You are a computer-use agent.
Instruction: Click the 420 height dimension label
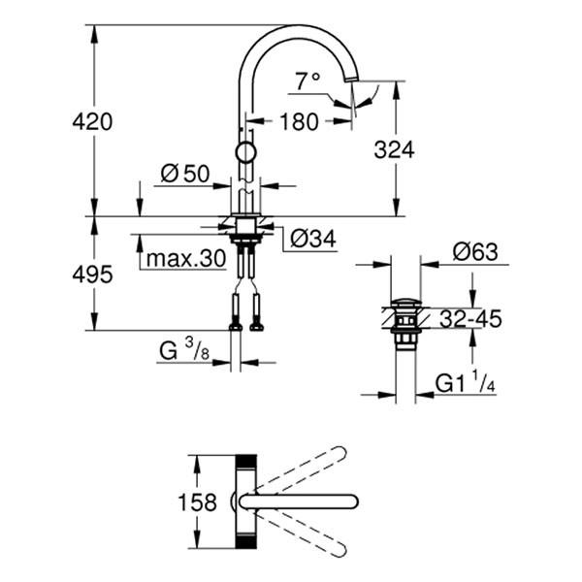(94, 121)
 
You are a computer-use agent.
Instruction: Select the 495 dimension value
(94, 275)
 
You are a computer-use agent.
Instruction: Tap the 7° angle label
(308, 81)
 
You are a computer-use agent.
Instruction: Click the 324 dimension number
(395, 150)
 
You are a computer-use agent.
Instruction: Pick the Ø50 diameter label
(185, 174)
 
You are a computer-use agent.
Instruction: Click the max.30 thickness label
(184, 258)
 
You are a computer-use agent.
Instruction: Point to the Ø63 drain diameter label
(474, 252)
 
